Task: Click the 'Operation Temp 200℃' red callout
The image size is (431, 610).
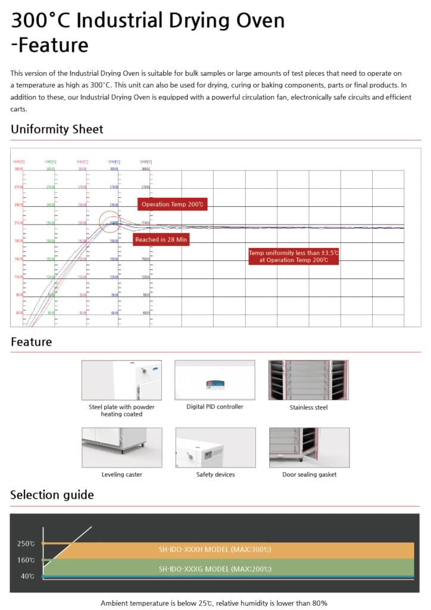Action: tap(172, 204)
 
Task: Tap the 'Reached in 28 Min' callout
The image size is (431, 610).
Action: tap(160, 239)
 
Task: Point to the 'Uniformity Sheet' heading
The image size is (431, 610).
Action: tap(57, 129)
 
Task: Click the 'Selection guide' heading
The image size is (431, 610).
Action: tap(52, 495)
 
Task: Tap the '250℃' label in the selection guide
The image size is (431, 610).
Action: tap(26, 543)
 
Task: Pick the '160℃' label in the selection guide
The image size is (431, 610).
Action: tap(26, 560)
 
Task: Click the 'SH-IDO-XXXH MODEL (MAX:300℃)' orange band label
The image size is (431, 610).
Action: tap(215, 549)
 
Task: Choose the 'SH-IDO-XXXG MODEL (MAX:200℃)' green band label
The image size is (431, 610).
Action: tap(215, 568)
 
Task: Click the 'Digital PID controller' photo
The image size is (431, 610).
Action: tap(214, 379)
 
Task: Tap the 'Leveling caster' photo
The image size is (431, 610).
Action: tap(121, 447)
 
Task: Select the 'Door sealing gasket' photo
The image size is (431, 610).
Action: tap(309, 447)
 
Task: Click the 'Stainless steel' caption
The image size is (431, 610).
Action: tap(308, 407)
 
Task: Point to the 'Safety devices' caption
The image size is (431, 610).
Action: tap(215, 475)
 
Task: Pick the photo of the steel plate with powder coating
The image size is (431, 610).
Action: tap(121, 379)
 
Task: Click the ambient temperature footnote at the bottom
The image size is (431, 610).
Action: tap(214, 603)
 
